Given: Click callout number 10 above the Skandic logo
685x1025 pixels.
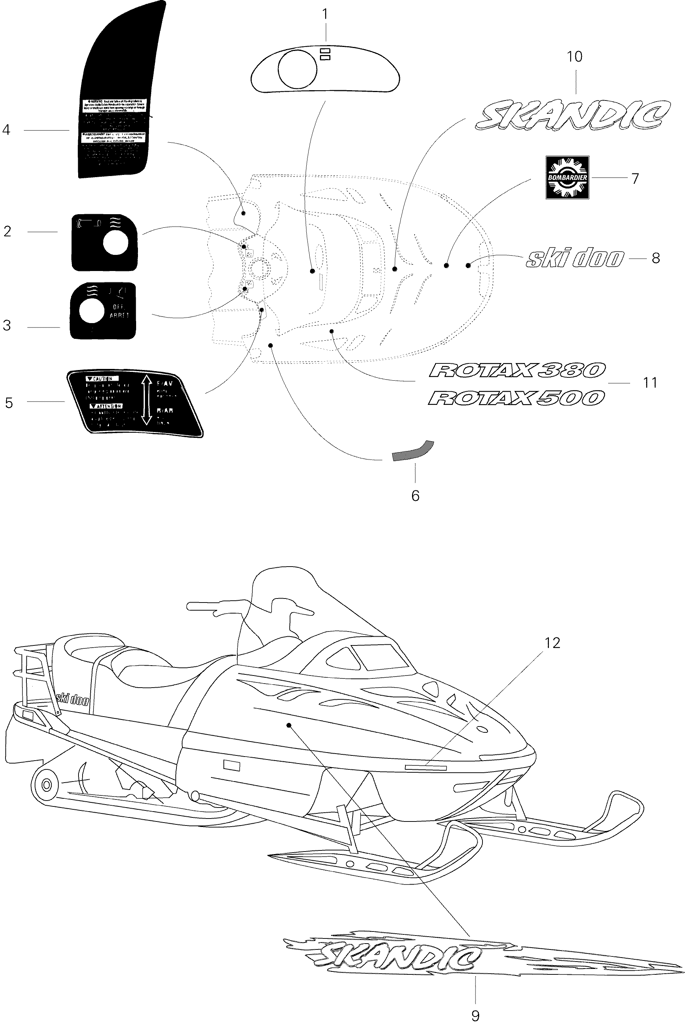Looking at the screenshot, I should (x=575, y=56).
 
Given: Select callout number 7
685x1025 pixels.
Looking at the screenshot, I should (x=635, y=179).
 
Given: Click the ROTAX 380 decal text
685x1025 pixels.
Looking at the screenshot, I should (x=517, y=371).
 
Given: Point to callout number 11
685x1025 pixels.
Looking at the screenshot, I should (x=650, y=383).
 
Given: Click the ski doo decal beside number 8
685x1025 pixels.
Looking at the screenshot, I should (x=575, y=259).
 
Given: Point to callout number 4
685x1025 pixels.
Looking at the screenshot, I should (x=6, y=130).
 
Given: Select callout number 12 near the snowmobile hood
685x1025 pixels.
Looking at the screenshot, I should (x=552, y=643).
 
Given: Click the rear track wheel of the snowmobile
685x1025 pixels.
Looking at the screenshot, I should (x=46, y=784).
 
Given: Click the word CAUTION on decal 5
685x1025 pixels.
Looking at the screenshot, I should (x=102, y=379).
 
